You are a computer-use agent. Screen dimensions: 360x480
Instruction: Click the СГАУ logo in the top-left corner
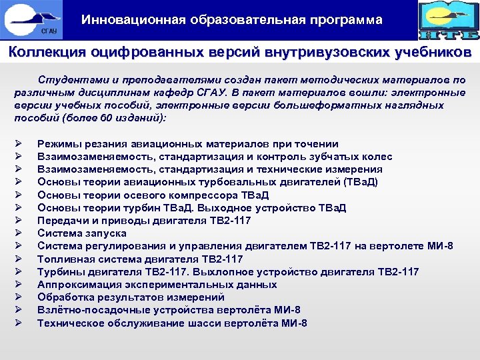click(x=31, y=19)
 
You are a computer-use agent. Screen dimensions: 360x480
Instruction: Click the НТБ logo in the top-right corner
click(x=448, y=20)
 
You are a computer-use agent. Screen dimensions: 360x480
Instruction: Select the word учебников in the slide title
click(x=428, y=52)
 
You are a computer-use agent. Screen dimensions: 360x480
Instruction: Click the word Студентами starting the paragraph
click(x=67, y=80)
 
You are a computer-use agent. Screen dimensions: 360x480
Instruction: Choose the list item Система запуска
click(x=81, y=233)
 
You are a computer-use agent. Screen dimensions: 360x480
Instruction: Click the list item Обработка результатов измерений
click(x=131, y=297)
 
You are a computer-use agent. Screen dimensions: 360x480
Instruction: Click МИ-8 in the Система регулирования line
click(x=440, y=247)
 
